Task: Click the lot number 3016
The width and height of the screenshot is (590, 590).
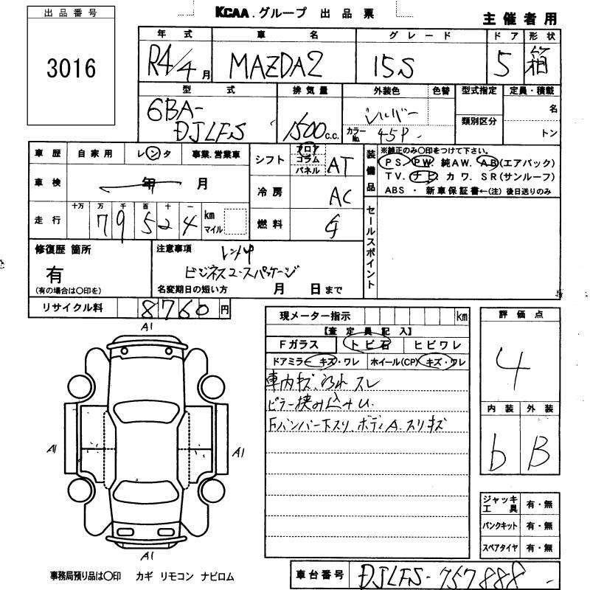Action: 70,69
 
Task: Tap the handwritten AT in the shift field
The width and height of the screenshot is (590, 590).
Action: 337,167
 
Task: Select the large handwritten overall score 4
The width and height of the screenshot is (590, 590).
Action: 521,364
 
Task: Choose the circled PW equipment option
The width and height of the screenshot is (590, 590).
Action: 423,162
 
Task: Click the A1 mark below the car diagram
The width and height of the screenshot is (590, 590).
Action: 147,555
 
